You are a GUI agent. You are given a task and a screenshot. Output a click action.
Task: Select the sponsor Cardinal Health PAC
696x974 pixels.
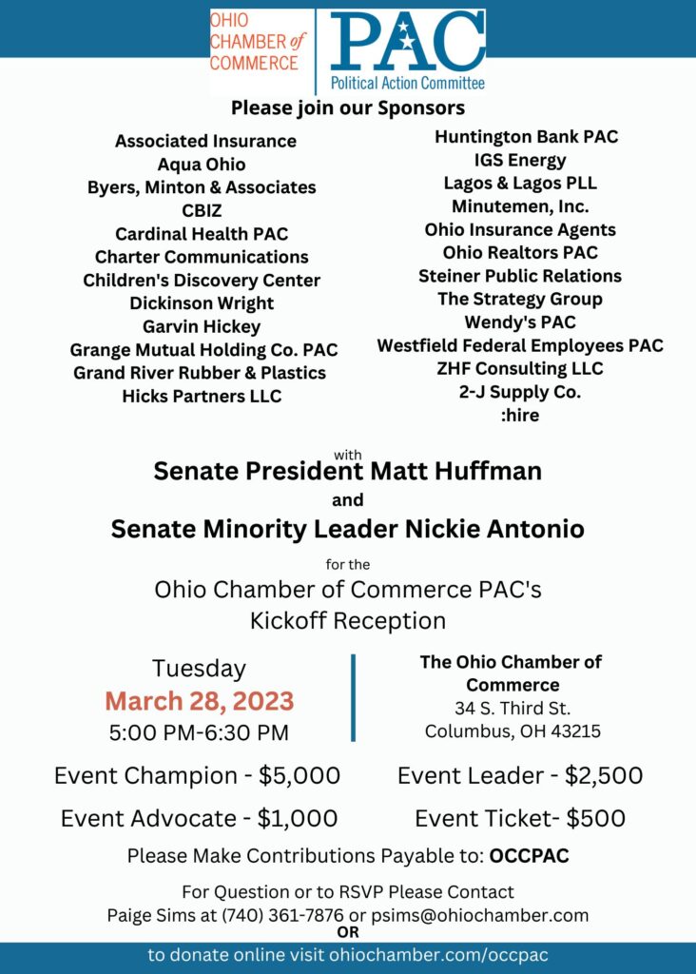pyautogui.click(x=202, y=233)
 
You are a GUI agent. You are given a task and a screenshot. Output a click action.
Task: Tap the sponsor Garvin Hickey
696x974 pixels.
pyautogui.click(x=202, y=326)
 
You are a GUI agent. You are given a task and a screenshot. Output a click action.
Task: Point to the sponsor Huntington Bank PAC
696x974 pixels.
pyautogui.click(x=526, y=136)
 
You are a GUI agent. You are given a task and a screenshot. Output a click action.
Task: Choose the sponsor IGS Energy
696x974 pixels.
pyautogui.click(x=520, y=160)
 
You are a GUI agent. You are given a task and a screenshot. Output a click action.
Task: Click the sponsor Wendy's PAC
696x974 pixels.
pyautogui.click(x=520, y=321)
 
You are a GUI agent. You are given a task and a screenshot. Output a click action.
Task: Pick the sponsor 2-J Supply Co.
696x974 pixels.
pyautogui.click(x=520, y=391)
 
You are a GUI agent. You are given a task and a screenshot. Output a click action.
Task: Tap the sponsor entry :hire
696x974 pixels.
pyautogui.click(x=520, y=415)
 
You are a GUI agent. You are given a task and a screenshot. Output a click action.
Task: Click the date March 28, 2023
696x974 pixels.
pyautogui.click(x=199, y=702)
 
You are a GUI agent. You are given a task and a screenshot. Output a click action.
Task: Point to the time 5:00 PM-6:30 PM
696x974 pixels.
pyautogui.click(x=199, y=732)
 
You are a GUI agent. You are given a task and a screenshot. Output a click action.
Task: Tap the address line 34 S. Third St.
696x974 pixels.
pyautogui.click(x=512, y=708)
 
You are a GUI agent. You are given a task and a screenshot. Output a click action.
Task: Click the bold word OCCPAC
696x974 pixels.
pyautogui.click(x=529, y=855)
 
